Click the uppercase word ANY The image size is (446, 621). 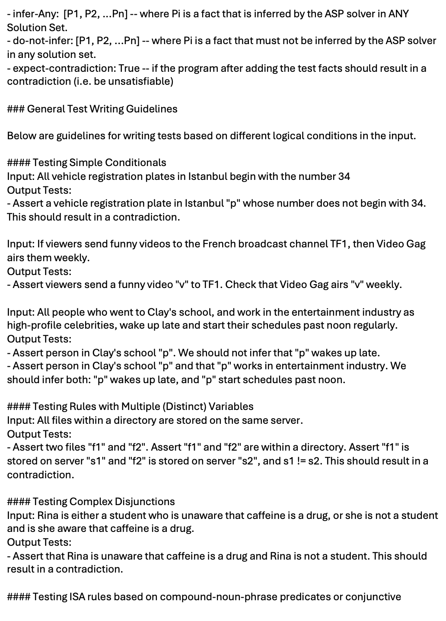click(x=398, y=14)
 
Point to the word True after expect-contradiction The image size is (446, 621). click(x=129, y=68)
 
